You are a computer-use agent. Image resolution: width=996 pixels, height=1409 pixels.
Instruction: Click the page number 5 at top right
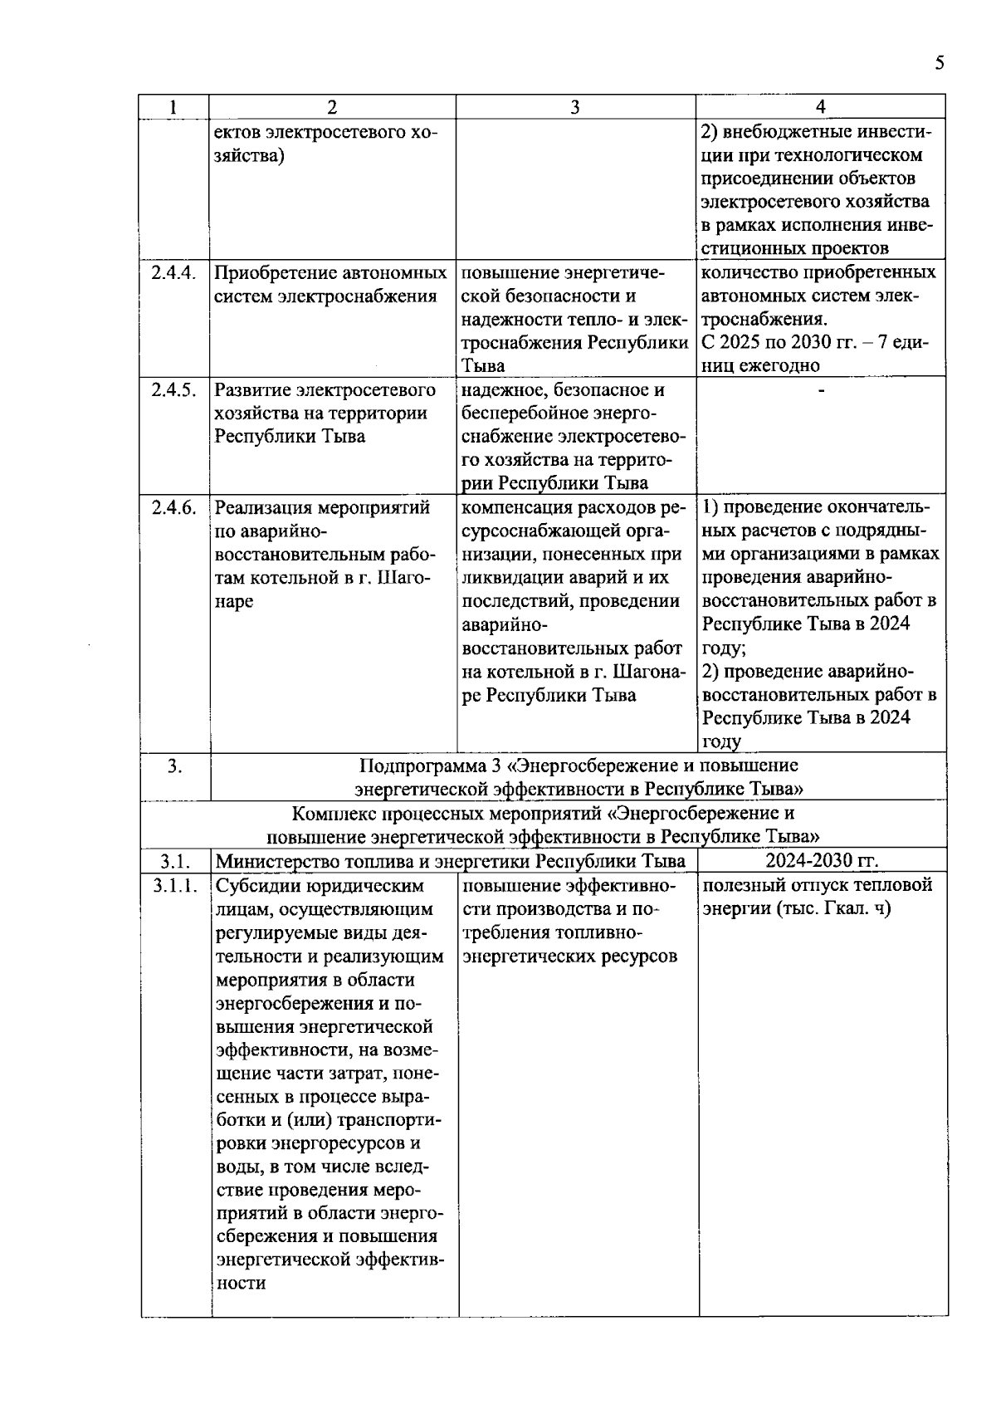click(x=939, y=64)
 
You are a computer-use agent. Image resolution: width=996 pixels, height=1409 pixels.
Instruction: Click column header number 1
click(x=173, y=107)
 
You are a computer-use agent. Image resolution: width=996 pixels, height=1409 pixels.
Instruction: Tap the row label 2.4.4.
click(x=173, y=273)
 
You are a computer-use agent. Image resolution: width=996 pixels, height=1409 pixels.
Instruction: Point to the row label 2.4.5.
click(x=173, y=390)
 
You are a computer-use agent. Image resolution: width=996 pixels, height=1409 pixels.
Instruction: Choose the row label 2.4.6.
click(x=173, y=508)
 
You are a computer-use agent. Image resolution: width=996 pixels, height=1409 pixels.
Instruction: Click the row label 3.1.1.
click(x=175, y=886)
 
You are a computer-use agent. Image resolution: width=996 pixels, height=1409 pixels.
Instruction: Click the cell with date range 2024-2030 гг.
click(x=821, y=860)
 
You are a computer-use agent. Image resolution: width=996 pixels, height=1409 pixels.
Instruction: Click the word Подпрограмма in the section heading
click(x=412, y=766)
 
